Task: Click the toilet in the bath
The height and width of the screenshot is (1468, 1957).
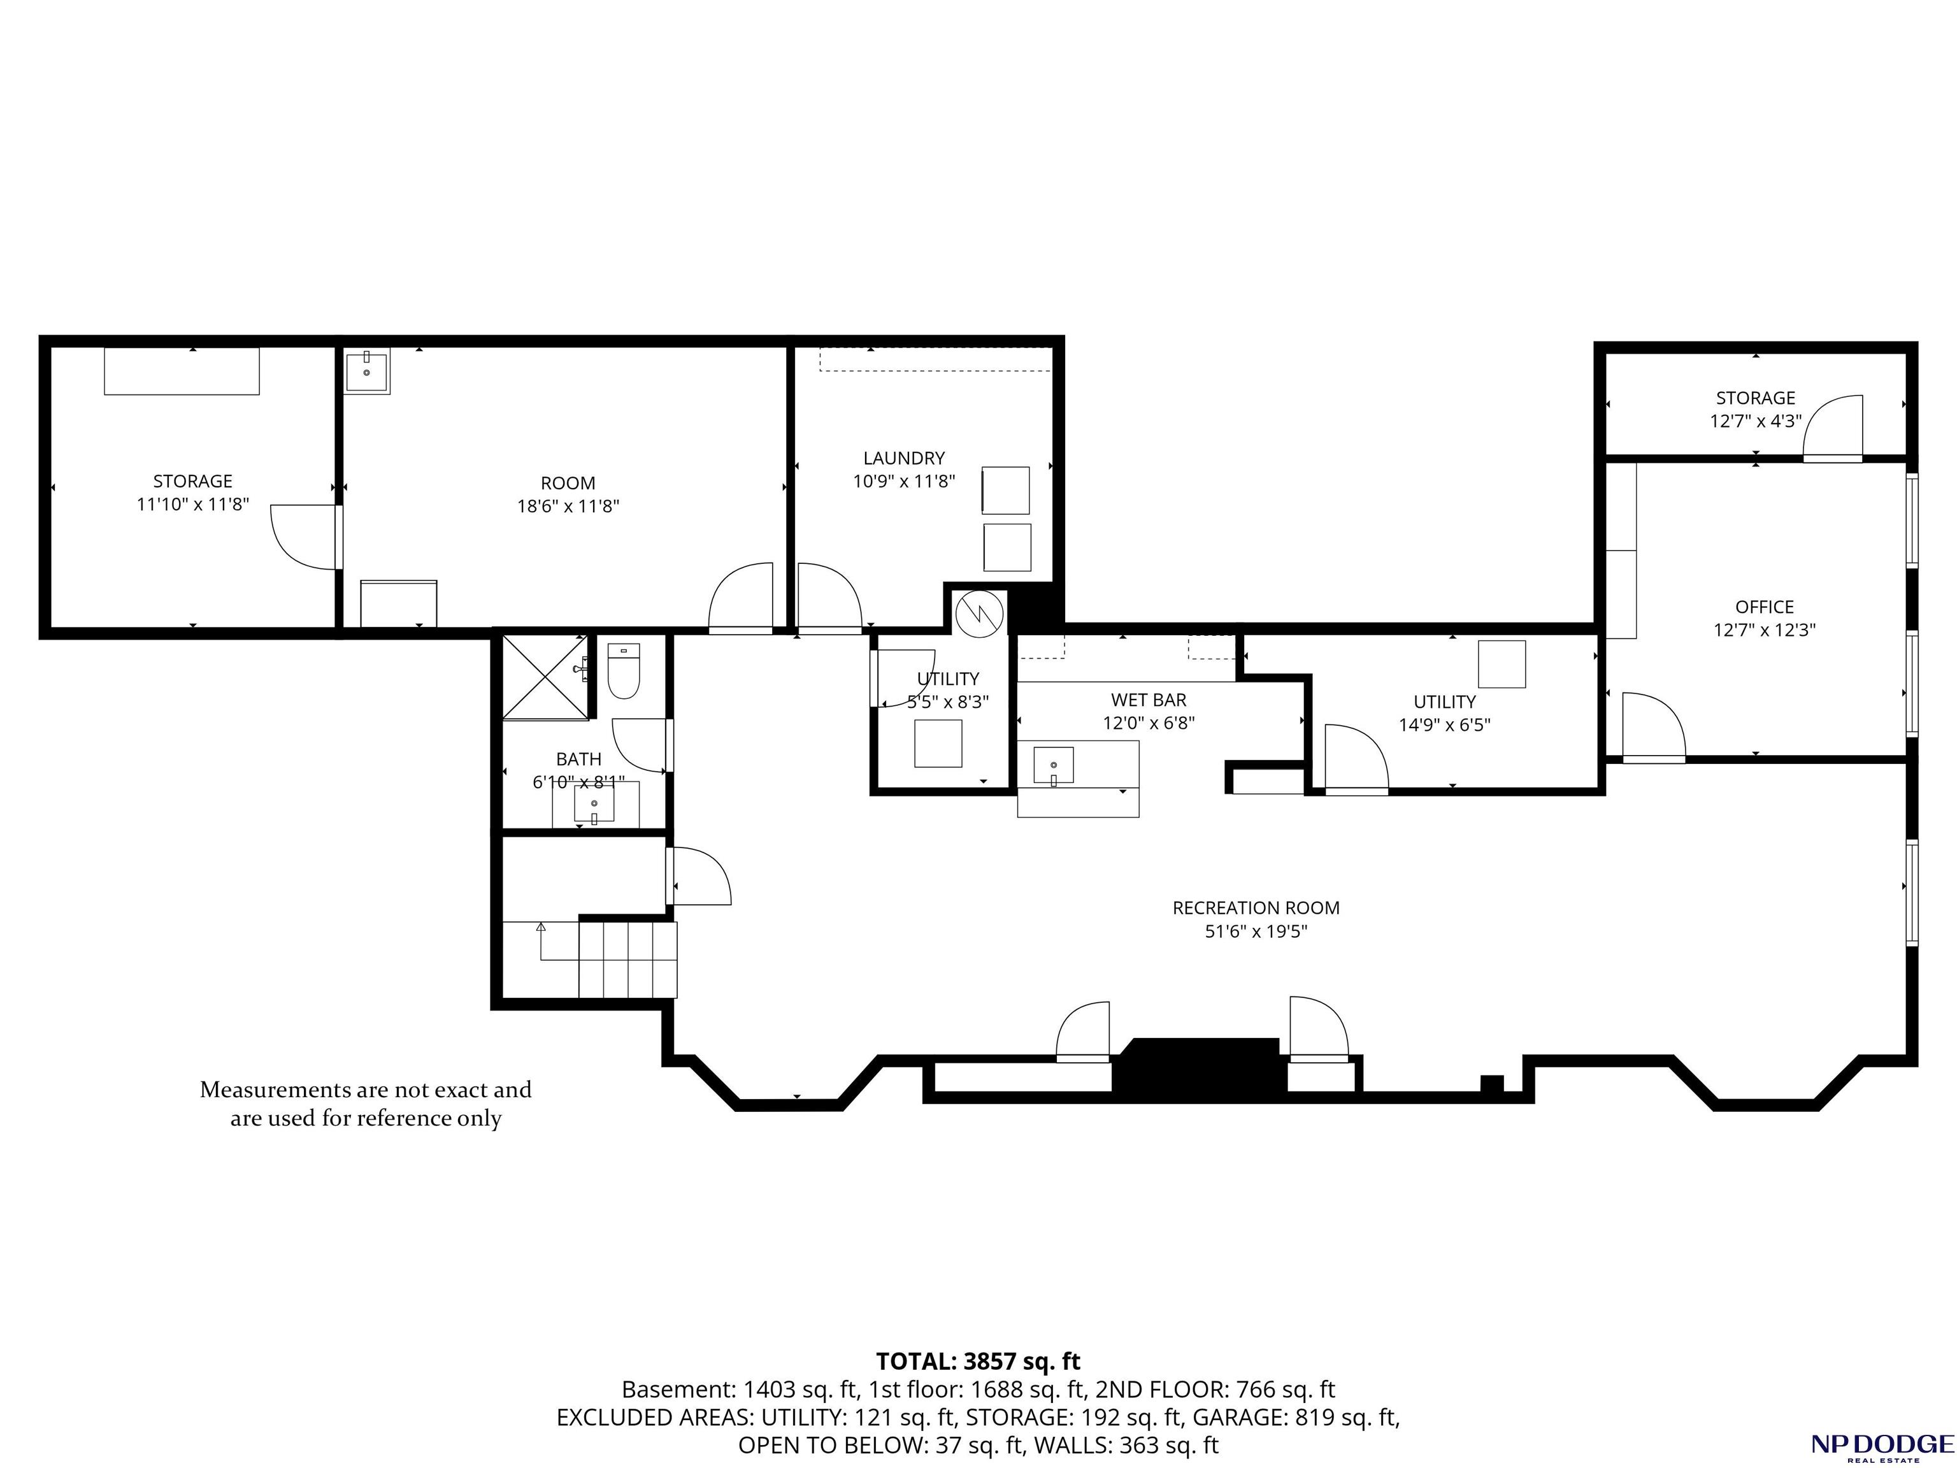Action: point(624,672)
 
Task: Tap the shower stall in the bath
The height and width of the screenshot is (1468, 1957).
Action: point(545,677)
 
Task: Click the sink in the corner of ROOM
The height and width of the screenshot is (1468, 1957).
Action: point(366,371)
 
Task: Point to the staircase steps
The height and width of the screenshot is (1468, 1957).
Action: point(628,959)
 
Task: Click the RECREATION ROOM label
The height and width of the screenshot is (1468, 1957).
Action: point(1256,908)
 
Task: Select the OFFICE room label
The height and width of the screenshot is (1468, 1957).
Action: point(1764,607)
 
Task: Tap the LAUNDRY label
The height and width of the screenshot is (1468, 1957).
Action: point(904,458)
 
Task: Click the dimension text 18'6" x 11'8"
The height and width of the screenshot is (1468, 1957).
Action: point(568,506)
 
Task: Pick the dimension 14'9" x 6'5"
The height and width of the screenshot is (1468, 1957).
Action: point(1445,724)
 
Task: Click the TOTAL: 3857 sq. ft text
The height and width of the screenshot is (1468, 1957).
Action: point(978,1362)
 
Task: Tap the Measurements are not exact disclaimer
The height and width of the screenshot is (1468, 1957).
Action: point(366,1104)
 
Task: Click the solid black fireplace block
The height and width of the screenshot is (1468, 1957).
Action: point(1200,1070)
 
